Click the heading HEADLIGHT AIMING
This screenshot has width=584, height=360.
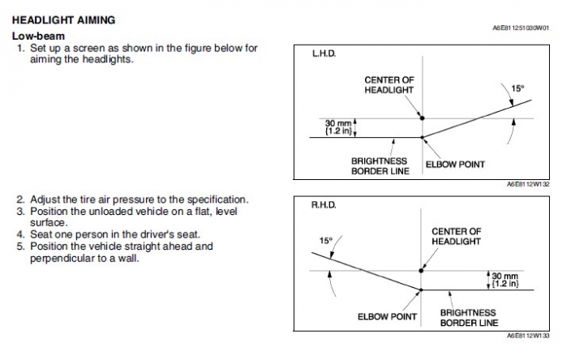click(x=63, y=19)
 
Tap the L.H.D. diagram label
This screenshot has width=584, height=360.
click(x=324, y=54)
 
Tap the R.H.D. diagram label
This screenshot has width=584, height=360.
click(x=325, y=207)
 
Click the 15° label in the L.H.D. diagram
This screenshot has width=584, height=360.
click(x=517, y=88)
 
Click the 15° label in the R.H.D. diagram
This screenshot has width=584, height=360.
click(x=326, y=241)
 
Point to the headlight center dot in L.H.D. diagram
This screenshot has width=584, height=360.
click(x=422, y=118)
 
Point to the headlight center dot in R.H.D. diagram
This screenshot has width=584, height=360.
click(x=420, y=270)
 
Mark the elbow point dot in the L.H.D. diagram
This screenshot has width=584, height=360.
click(x=422, y=137)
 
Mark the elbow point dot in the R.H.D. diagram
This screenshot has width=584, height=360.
click(x=420, y=289)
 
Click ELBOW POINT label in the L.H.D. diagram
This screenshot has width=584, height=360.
click(x=455, y=165)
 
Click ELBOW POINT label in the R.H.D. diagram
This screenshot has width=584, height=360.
click(x=388, y=316)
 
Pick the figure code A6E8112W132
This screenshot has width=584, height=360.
click(x=528, y=185)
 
